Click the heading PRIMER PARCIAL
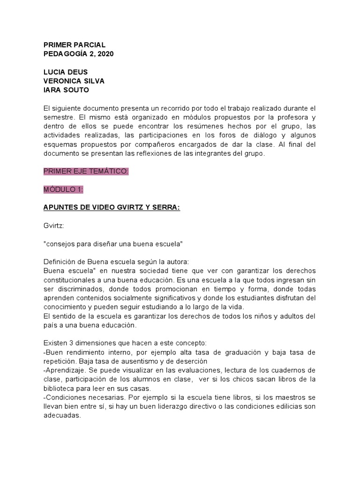coord(74,45)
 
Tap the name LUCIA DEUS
coord(65,72)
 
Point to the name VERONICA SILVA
coord(74,81)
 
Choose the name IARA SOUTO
coord(66,90)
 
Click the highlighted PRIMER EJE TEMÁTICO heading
coord(86,172)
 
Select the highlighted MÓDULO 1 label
coord(63,189)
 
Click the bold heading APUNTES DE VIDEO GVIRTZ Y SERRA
coord(112,208)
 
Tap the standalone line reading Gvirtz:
coord(53,226)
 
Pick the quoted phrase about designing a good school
coord(113,244)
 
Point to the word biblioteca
coord(59,389)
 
